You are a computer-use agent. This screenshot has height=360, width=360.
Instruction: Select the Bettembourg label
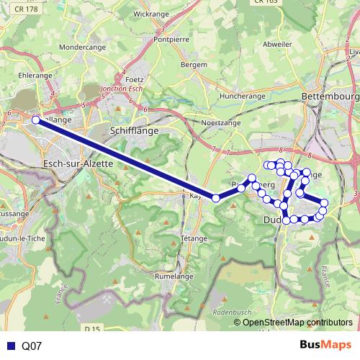330,96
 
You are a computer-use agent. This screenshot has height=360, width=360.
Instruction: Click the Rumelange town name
176,274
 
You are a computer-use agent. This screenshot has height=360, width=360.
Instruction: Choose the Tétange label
194,238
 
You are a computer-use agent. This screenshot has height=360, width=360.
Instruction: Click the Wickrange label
151,14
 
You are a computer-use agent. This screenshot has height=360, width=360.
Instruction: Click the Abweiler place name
277,44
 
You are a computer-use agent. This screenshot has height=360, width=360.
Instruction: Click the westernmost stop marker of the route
36,120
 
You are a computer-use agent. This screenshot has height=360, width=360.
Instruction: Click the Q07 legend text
32,346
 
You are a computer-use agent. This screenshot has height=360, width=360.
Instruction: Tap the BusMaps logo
325,345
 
